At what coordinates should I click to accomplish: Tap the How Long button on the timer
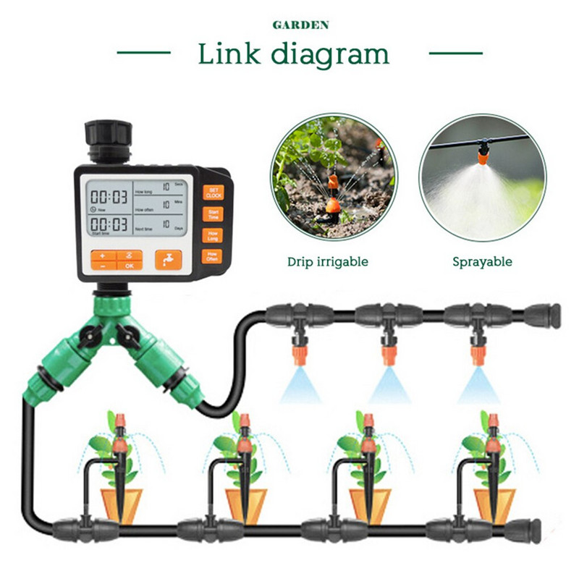(212, 234)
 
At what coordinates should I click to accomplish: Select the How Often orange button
(212, 255)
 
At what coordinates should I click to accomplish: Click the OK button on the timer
(130, 266)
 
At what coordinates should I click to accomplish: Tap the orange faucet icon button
(168, 260)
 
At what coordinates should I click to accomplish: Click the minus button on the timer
(102, 266)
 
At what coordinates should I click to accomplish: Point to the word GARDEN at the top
(300, 25)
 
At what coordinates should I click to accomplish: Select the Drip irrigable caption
(327, 261)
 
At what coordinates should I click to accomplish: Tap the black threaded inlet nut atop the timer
(109, 136)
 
